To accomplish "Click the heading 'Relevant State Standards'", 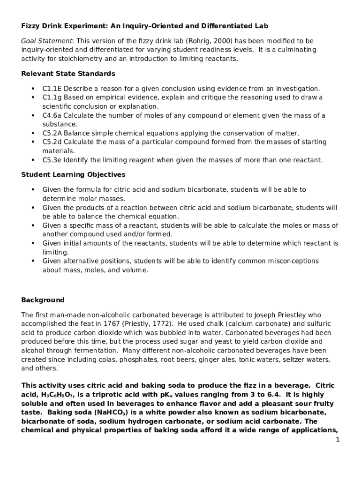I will [x=68, y=74].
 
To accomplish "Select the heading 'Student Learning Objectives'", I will [x=73, y=174].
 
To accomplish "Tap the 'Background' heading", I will [x=43, y=300].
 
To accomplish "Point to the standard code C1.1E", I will [x=53, y=89].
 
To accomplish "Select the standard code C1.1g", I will [x=52, y=97].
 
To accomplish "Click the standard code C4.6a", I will [x=53, y=115].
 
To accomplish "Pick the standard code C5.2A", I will [x=53, y=133].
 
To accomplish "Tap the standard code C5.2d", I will [x=53, y=142].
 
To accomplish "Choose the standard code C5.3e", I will [x=53, y=160].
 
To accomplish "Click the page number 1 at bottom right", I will [x=337, y=440].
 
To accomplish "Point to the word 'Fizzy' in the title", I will [x=31, y=25].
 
